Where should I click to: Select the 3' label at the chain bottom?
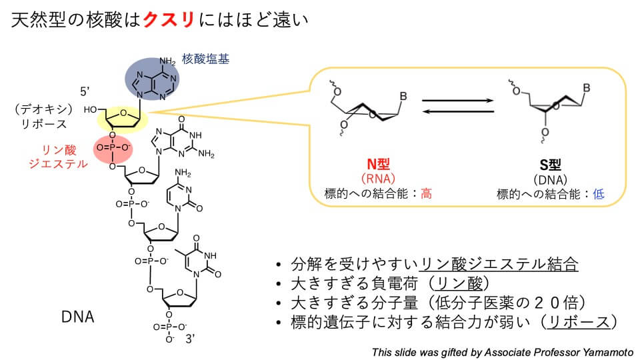(191, 339)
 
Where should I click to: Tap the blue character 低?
(598, 194)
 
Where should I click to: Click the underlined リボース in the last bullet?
(577, 321)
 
